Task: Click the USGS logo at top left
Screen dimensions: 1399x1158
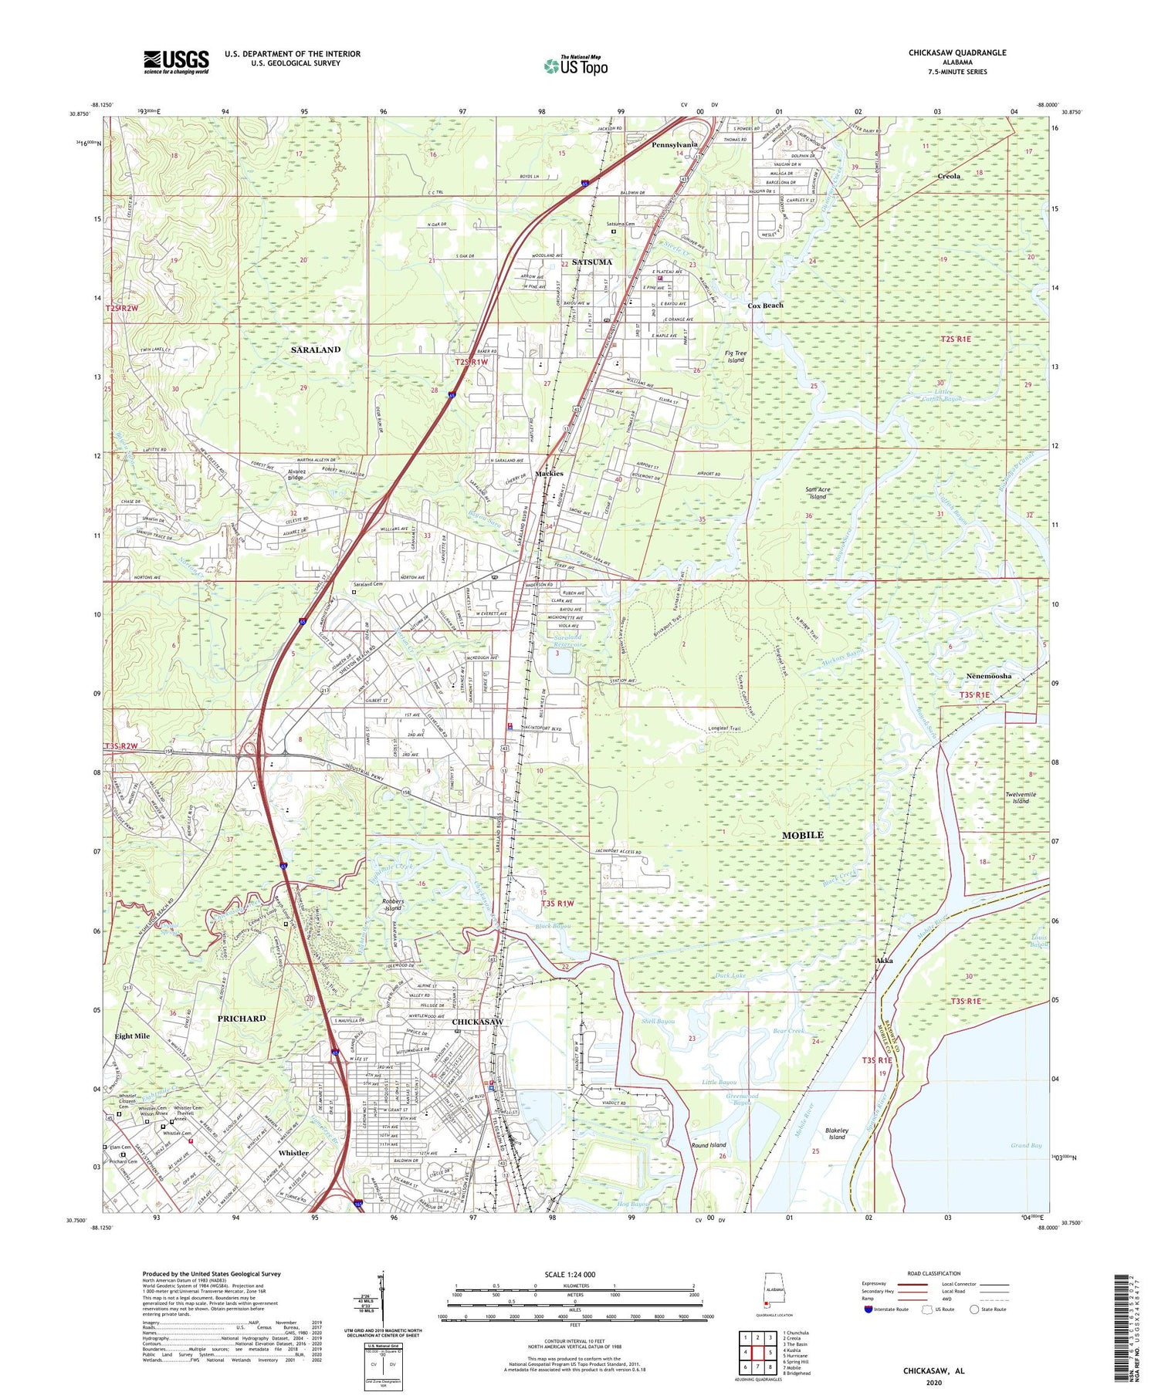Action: pos(176,62)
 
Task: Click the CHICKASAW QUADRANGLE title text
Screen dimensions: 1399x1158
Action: pos(946,52)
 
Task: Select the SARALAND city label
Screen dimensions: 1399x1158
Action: pos(316,350)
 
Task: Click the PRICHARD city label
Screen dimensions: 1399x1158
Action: pos(242,1019)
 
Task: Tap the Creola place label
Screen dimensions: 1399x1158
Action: pos(949,177)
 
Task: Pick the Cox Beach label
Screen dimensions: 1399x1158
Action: pos(765,306)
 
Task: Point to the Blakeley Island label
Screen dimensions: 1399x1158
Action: pos(838,1134)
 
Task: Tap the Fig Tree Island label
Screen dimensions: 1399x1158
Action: pos(735,357)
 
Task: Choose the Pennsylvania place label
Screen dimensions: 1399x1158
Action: pos(674,145)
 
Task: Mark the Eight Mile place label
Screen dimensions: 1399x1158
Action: pos(132,1036)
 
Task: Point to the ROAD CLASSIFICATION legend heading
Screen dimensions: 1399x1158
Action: pos(934,1274)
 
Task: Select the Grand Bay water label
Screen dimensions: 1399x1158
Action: pos(1026,1146)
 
